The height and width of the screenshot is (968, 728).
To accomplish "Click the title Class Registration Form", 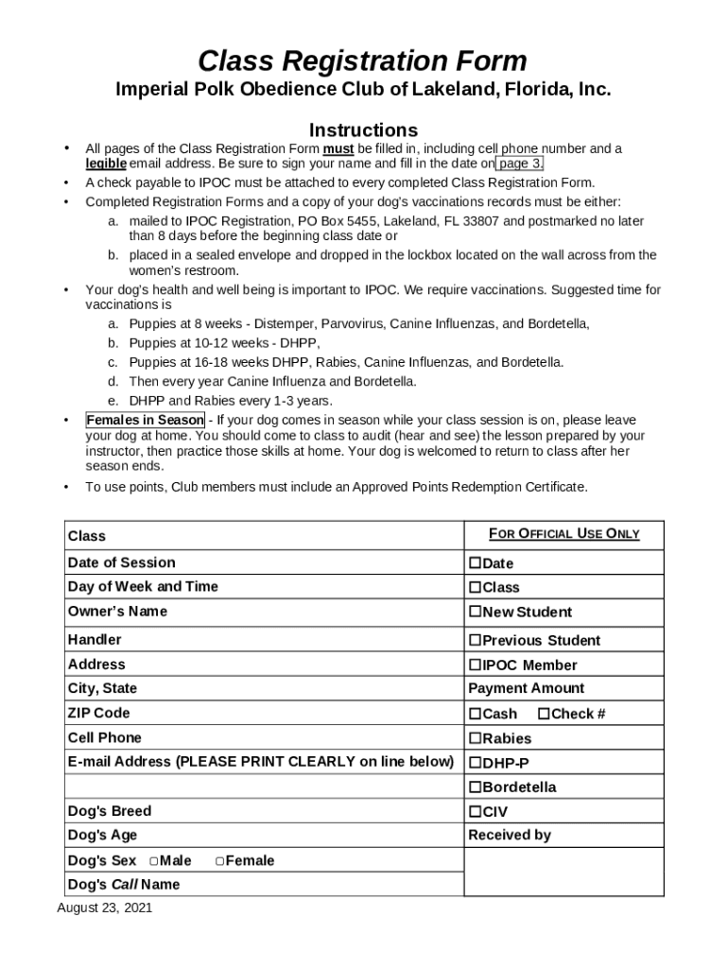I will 362,61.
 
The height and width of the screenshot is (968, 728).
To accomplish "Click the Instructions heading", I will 363,130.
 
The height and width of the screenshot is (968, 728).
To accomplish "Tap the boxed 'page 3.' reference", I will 520,164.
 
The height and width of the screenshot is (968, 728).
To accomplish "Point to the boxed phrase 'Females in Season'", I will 145,420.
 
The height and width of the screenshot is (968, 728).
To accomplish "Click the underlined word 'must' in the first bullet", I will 338,148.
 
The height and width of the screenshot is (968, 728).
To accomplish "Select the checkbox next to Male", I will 153,861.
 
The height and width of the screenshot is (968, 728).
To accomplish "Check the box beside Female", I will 219,861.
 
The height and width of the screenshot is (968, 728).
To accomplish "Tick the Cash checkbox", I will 476,715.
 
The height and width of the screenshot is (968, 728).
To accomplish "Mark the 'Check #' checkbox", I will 544,715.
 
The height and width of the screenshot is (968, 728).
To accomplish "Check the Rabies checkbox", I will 476,739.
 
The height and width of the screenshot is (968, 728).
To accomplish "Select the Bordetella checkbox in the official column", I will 476,787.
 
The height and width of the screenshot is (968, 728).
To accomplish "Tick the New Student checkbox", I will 476,613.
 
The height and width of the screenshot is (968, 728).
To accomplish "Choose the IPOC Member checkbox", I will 476,665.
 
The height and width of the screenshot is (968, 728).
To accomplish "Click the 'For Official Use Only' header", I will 563,534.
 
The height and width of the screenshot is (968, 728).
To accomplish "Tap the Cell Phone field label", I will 105,737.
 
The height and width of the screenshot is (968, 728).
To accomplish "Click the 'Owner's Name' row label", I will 117,612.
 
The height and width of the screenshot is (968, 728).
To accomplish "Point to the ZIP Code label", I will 99,713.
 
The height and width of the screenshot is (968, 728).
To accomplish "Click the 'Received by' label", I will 510,835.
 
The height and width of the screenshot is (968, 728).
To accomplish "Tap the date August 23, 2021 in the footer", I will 105,908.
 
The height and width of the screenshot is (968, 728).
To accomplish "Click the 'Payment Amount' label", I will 527,688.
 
